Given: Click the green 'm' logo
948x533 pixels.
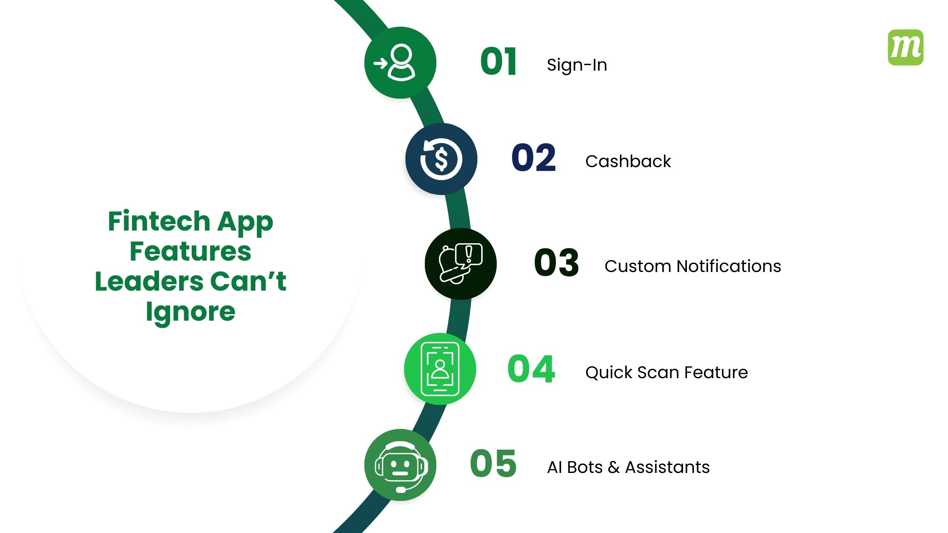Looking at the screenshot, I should click(905, 47).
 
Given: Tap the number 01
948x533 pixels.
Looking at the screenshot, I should click(499, 62).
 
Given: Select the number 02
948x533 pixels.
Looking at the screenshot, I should click(533, 158).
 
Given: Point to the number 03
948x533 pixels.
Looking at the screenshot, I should click(556, 263).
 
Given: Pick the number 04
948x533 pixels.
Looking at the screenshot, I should click(531, 369).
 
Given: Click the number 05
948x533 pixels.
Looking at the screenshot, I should click(493, 464).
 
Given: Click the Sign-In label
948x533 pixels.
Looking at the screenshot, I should click(577, 65).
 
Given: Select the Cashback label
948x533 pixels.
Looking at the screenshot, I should click(628, 161).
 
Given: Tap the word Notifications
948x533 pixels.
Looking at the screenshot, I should click(729, 266).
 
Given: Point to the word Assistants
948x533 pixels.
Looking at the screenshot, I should click(667, 467).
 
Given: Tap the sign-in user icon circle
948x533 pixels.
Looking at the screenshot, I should click(400, 63).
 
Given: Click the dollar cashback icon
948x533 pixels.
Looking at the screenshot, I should click(441, 159).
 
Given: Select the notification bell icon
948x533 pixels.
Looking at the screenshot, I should click(460, 264).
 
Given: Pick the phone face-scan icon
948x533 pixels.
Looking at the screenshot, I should click(440, 369).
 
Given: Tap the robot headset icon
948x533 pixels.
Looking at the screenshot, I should click(400, 465).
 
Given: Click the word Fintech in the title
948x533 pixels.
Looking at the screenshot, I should click(159, 221).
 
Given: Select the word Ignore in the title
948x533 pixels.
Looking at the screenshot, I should click(190, 312).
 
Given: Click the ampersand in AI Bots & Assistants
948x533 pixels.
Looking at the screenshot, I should click(614, 467).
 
